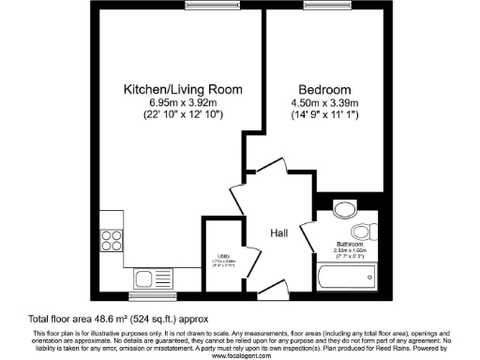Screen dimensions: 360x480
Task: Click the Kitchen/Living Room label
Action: tap(184, 89)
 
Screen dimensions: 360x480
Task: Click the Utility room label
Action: tap(224, 254)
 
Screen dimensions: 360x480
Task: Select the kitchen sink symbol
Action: tap(155, 278)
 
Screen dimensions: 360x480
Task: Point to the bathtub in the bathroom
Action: tap(348, 277)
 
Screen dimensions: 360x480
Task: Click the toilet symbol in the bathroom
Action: tap(361, 232)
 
